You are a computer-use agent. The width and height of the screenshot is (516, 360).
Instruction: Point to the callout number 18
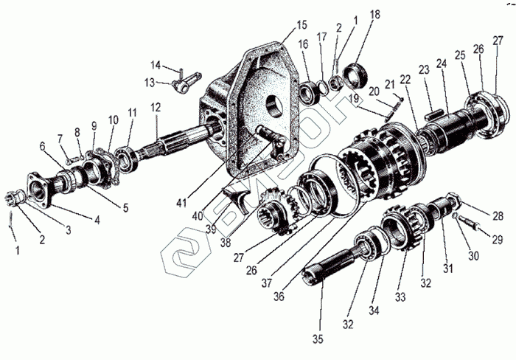[x=375, y=15]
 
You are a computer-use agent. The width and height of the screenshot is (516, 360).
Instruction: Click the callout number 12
[x=156, y=107]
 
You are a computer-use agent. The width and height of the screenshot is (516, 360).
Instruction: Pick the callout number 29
[x=497, y=240]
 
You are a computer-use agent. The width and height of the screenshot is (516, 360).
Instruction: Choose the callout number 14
[x=156, y=64]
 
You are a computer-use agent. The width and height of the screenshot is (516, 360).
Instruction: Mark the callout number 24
[x=441, y=64]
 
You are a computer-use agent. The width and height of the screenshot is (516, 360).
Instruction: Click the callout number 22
[x=405, y=79]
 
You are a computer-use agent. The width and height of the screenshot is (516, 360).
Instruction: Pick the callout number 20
[x=374, y=91]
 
